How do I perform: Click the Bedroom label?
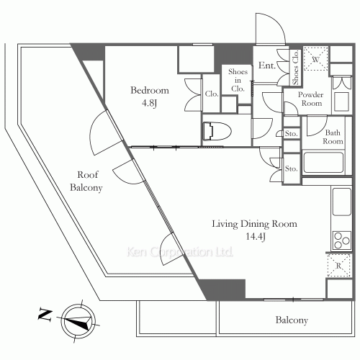click(x=150, y=91)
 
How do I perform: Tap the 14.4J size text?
click(x=256, y=237)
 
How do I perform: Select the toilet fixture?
click(x=217, y=132)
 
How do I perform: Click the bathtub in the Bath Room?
click(x=323, y=162)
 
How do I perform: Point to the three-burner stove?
click(x=342, y=240)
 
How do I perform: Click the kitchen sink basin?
click(x=341, y=202)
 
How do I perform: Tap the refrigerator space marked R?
click(x=339, y=266)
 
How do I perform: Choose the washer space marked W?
click(x=315, y=59)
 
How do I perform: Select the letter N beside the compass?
click(x=45, y=315)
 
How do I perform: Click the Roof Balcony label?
click(x=86, y=181)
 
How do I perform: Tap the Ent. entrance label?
click(x=267, y=66)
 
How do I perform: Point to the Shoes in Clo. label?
click(x=238, y=80)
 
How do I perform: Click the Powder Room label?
click(x=311, y=99)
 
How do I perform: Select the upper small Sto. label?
click(x=292, y=133)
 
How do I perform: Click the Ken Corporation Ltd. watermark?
click(x=179, y=252)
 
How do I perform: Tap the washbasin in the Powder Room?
click(x=341, y=101)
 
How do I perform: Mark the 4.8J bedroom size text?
click(x=149, y=103)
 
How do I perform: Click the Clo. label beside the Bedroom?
click(x=212, y=94)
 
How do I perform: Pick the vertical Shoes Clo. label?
click(x=295, y=67)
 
